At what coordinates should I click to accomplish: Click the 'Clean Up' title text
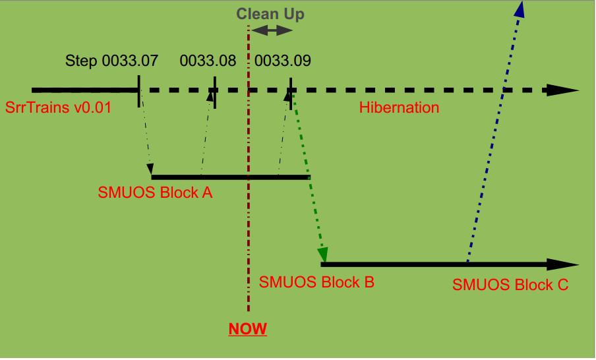click(x=270, y=14)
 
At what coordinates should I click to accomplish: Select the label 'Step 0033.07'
click(x=111, y=61)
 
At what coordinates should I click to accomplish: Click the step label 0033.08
click(x=208, y=61)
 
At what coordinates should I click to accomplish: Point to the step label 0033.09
click(x=283, y=61)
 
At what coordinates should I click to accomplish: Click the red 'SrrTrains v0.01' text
click(x=58, y=107)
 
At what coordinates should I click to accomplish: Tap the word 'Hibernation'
click(x=399, y=107)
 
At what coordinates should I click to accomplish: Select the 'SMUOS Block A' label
click(x=155, y=193)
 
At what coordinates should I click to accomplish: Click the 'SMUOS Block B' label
click(x=317, y=282)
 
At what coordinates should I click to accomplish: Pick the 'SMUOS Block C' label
click(x=510, y=285)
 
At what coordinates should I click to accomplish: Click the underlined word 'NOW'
click(x=247, y=329)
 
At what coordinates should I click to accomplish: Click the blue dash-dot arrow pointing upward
click(x=494, y=132)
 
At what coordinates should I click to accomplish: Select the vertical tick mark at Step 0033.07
click(x=138, y=91)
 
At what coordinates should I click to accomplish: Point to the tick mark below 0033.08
click(x=215, y=91)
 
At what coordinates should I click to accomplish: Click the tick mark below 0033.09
click(x=291, y=91)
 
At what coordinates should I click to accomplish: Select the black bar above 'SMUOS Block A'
click(x=230, y=177)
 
